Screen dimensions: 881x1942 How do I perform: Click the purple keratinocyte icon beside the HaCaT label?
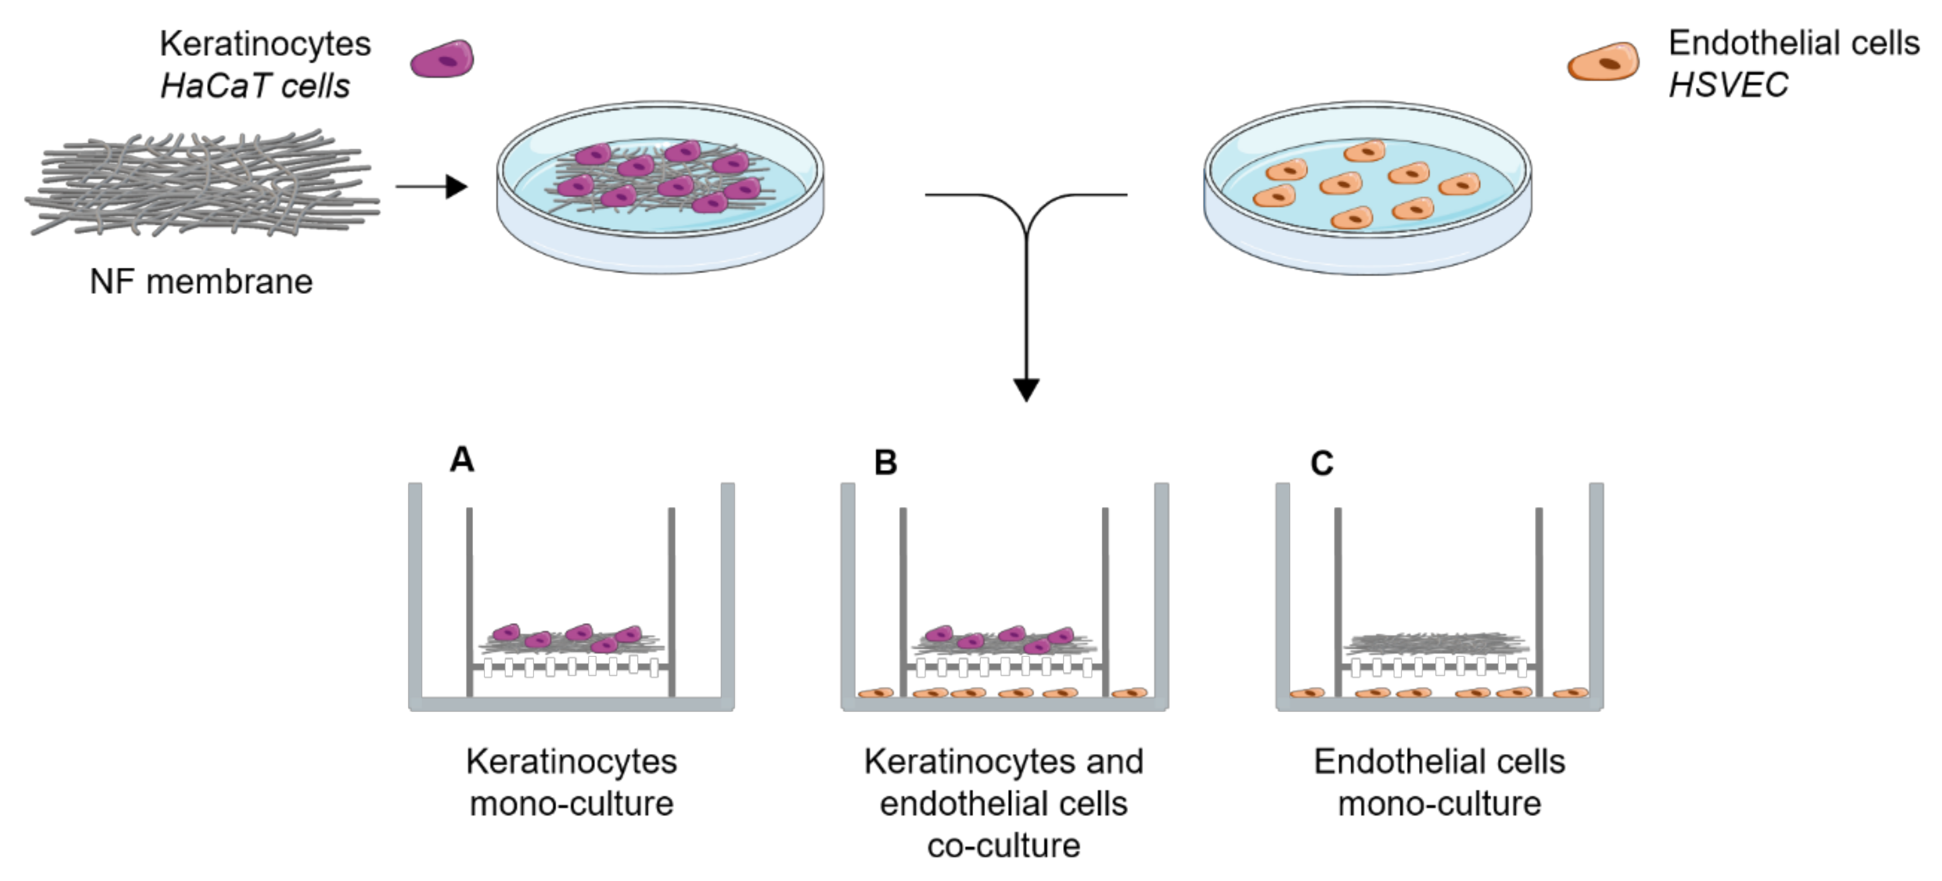pos(442,59)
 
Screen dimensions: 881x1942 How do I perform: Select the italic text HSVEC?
pos(1728,85)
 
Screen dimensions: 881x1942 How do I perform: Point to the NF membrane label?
pos(201,282)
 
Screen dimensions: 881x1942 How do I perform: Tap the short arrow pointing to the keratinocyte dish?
pos(431,186)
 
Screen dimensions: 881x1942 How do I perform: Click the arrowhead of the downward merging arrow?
pos(1026,389)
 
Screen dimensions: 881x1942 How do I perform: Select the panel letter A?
pos(462,460)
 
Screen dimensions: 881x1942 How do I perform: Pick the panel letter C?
pos(1321,462)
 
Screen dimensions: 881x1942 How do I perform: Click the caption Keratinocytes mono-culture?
pos(572,782)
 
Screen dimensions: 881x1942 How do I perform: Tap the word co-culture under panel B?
pos(1003,846)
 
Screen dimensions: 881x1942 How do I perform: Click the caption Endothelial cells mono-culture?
pos(1439,782)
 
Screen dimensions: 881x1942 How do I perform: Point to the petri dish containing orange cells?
pos(1367,189)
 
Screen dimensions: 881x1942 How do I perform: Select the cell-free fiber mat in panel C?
pos(1437,643)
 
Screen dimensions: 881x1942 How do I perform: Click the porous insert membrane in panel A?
pos(571,667)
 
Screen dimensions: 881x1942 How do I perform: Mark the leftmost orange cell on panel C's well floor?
pos(1307,692)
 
